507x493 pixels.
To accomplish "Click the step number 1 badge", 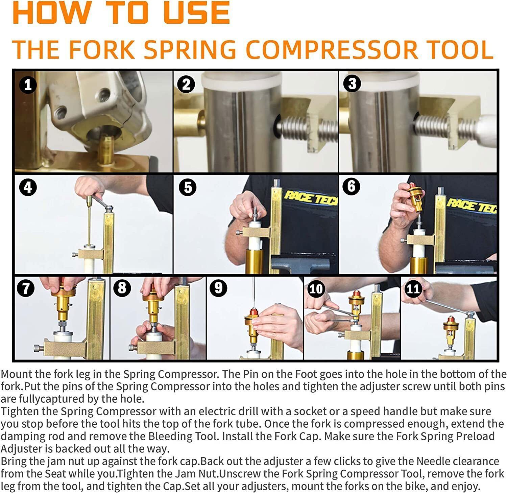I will pyautogui.click(x=28, y=85).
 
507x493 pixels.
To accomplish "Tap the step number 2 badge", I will pyautogui.click(x=186, y=84).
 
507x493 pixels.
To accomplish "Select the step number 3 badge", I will pyautogui.click(x=352, y=83).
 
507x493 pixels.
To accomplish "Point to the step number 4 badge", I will pyautogui.click(x=28, y=187).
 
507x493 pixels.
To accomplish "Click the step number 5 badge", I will pyautogui.click(x=188, y=187).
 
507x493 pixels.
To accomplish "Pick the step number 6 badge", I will pyautogui.click(x=351, y=186).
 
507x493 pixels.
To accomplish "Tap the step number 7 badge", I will pyautogui.click(x=26, y=288).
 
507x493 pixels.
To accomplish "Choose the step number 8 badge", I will pyautogui.click(x=122, y=288).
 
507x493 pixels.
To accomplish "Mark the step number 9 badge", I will pyautogui.click(x=218, y=288).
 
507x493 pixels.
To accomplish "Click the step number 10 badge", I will pyautogui.click(x=316, y=289).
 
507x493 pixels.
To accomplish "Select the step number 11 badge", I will pyautogui.click(x=413, y=289).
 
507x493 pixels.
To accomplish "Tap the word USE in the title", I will pyautogui.click(x=196, y=13).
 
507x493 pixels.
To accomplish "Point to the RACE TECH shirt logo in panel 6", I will pyautogui.click(x=471, y=204).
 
